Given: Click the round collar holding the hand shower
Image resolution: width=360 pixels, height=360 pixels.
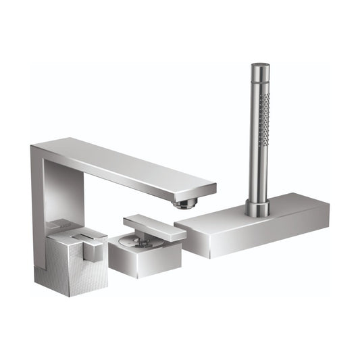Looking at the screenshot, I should tap(257, 207).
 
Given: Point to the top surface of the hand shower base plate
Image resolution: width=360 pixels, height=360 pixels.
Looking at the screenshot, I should tap(270, 213).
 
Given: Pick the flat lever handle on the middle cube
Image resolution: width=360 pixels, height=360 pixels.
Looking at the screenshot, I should tap(154, 228).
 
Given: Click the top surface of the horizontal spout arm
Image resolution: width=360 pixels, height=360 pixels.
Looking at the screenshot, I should tap(128, 159).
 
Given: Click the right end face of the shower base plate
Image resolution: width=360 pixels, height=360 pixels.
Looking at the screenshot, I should tap(326, 216).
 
